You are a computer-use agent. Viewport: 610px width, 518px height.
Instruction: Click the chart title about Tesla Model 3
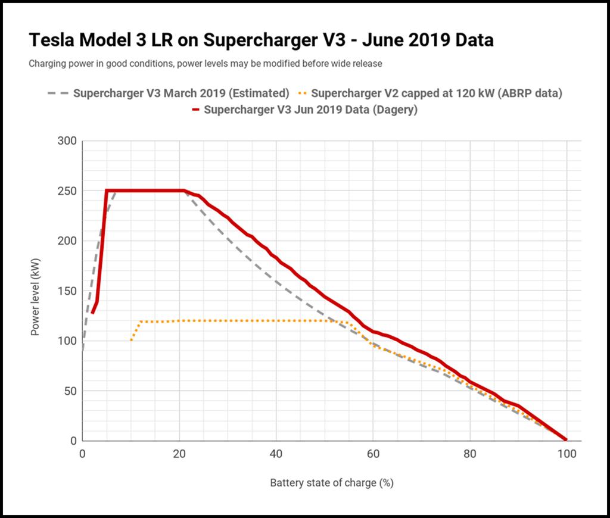261,40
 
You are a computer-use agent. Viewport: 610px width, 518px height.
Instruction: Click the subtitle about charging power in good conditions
206,64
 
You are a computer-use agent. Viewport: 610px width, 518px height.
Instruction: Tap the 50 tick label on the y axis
71,391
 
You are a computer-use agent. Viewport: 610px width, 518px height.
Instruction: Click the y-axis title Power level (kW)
36,292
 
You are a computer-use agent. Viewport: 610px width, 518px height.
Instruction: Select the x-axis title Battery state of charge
332,483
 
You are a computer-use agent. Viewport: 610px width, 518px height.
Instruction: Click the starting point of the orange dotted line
131,341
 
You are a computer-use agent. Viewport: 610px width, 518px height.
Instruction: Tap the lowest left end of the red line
92,313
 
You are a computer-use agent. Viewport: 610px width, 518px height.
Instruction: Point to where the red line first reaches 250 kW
107,191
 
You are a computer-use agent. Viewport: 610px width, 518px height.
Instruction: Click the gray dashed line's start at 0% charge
83,350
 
